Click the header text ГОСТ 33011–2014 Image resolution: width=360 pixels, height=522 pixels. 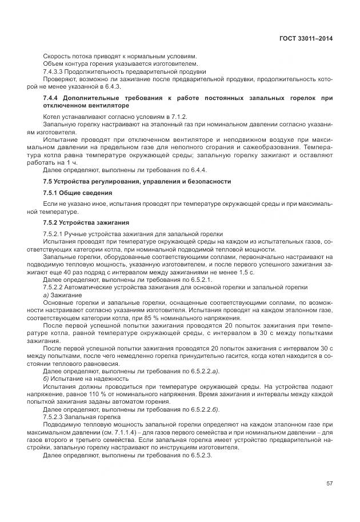point(307,38)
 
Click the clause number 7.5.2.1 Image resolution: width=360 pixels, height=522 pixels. point(55,234)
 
